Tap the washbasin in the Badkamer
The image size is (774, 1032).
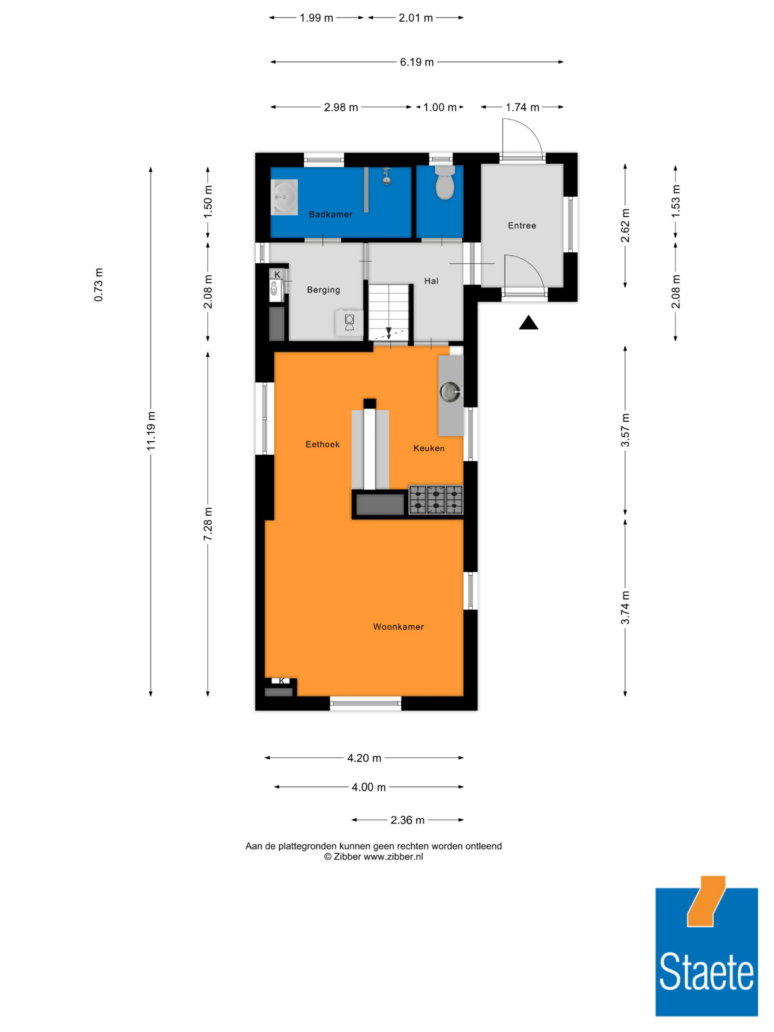284,197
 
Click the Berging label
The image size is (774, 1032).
323,290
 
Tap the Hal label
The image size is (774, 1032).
431,281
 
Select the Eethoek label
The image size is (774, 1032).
322,444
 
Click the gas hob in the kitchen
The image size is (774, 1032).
436,500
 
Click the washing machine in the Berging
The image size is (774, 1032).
349,322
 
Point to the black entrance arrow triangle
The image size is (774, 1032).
529,323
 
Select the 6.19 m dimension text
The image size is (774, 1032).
417,62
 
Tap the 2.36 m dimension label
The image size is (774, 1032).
407,820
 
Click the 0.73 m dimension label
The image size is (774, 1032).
98,284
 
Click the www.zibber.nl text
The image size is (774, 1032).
393,856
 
